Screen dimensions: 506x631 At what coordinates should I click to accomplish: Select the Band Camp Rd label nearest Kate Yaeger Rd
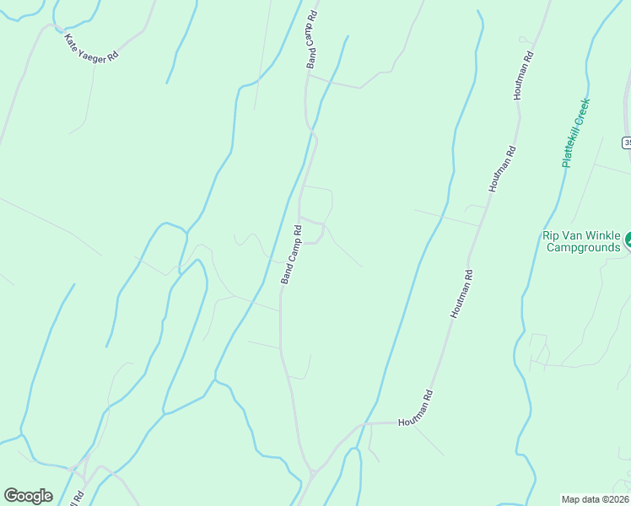click(x=312, y=40)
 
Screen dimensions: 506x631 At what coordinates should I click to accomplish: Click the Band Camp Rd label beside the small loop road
click(x=291, y=254)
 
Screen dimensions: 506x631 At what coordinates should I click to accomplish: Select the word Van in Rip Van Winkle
click(x=573, y=235)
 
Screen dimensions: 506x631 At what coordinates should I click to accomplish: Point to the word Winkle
click(x=603, y=235)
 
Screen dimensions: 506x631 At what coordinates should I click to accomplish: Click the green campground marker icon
click(x=628, y=243)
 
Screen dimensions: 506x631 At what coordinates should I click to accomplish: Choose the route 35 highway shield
click(x=627, y=143)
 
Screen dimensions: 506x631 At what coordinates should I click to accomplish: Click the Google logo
click(x=28, y=496)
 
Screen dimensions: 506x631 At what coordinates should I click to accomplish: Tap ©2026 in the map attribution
click(x=613, y=498)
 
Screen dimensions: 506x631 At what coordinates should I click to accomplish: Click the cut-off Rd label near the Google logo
click(x=78, y=497)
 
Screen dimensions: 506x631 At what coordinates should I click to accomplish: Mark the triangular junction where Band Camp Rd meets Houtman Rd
click(x=311, y=471)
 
